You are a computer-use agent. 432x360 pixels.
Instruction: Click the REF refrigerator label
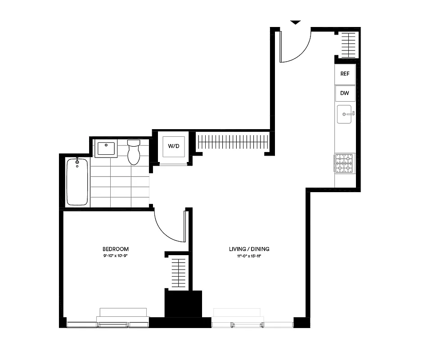pyautogui.click(x=345, y=74)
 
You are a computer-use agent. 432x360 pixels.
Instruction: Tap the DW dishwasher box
pyautogui.click(x=345, y=94)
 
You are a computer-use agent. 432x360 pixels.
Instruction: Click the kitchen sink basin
pyautogui.click(x=345, y=114)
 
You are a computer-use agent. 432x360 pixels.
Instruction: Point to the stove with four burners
pyautogui.click(x=345, y=163)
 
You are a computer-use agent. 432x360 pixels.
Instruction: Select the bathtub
pyautogui.click(x=77, y=182)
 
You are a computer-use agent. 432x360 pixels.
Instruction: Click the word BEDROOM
pyautogui.click(x=116, y=249)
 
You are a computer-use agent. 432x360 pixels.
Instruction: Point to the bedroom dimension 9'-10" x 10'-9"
pyautogui.click(x=116, y=256)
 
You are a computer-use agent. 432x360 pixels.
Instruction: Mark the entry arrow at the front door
pyautogui.click(x=295, y=22)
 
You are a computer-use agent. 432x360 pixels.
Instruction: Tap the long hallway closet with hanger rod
pyautogui.click(x=233, y=141)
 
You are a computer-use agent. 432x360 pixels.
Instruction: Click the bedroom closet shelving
pyautogui.click(x=179, y=272)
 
